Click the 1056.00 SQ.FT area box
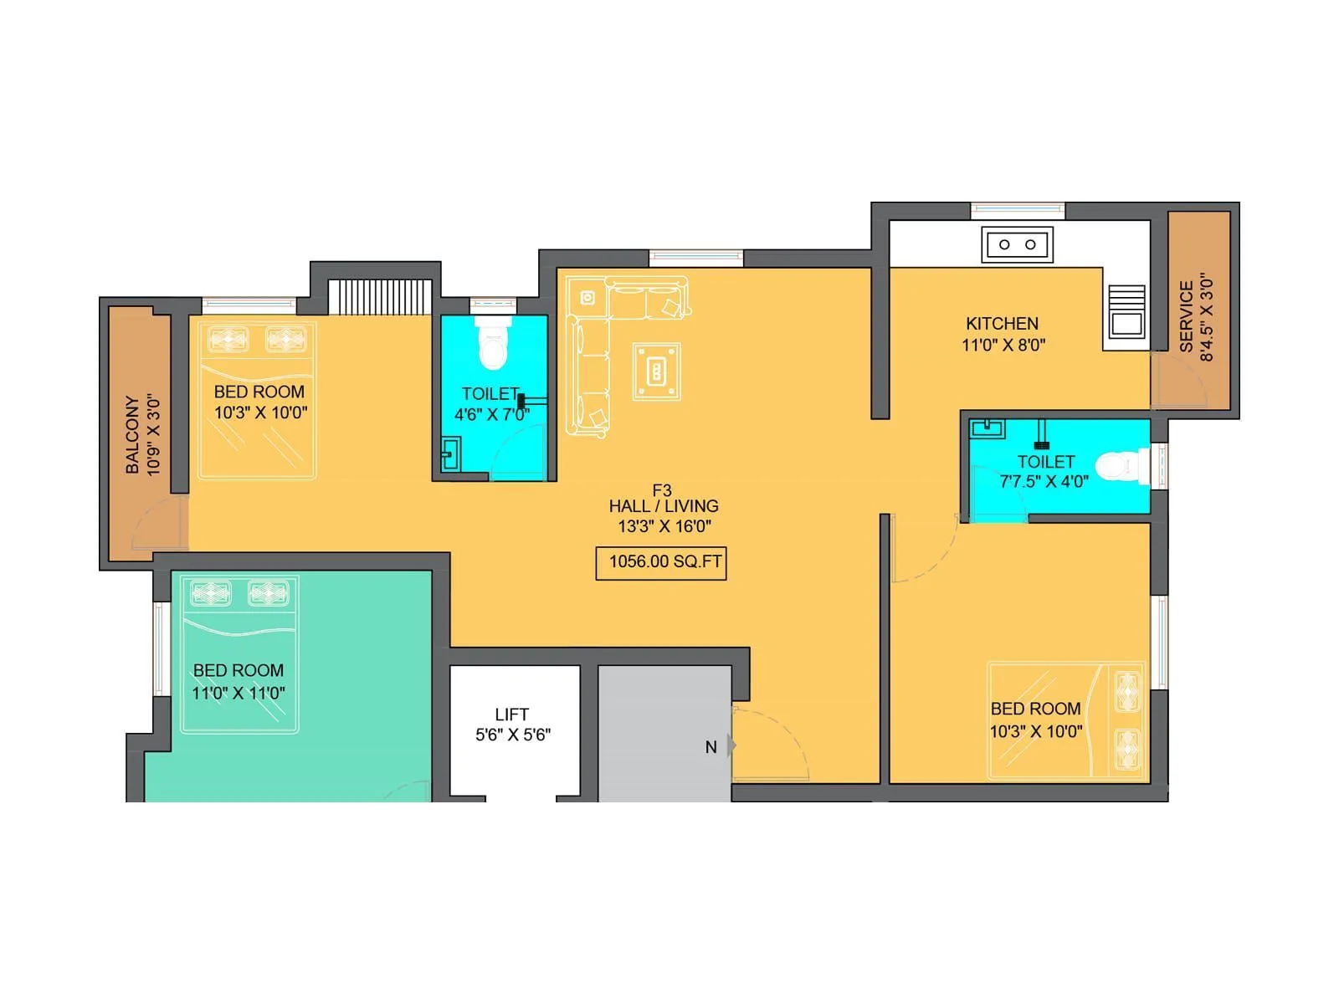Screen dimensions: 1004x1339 click(x=661, y=562)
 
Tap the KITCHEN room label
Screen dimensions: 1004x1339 click(x=1002, y=324)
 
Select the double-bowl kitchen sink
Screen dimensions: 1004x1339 click(x=1017, y=245)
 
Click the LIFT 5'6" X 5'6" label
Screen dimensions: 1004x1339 click(x=512, y=725)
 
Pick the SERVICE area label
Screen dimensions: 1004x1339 click(x=1186, y=316)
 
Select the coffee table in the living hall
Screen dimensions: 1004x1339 click(x=657, y=371)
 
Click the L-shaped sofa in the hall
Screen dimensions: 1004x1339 click(x=586, y=351)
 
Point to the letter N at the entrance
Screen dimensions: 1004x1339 click(x=711, y=747)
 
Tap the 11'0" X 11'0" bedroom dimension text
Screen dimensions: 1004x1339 click(x=239, y=693)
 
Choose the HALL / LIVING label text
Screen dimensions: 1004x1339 click(x=663, y=506)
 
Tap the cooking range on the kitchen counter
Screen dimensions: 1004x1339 click(x=1126, y=310)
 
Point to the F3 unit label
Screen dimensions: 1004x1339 click(x=662, y=490)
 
